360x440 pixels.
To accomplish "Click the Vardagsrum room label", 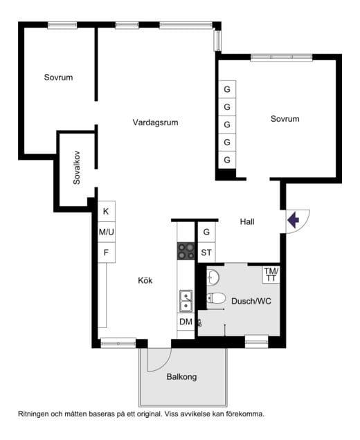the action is click(x=155, y=122).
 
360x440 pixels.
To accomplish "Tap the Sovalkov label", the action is click(x=76, y=168).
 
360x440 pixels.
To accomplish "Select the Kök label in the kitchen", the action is click(x=145, y=280).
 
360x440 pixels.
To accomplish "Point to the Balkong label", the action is click(x=181, y=376).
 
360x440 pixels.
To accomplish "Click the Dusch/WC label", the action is click(x=251, y=301).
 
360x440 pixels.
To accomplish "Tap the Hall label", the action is click(x=247, y=221).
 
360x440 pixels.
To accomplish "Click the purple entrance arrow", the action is click(x=293, y=220).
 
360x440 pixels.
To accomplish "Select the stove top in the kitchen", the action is click(x=186, y=251).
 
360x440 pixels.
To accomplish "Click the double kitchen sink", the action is click(x=186, y=302).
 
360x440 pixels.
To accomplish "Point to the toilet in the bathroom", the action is click(x=216, y=298).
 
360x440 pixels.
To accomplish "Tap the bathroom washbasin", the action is click(x=213, y=277).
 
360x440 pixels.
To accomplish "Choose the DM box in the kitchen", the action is click(x=186, y=322).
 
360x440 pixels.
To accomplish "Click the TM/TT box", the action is click(x=271, y=275).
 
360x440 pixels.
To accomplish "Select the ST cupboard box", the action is click(x=206, y=253).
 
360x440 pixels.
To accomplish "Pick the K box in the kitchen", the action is click(x=106, y=211).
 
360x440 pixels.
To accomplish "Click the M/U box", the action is click(x=106, y=232).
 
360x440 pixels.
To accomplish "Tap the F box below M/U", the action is click(x=106, y=253).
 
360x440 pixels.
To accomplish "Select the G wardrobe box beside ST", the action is click(x=206, y=232).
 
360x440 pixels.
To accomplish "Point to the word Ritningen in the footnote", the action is click(x=33, y=414).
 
